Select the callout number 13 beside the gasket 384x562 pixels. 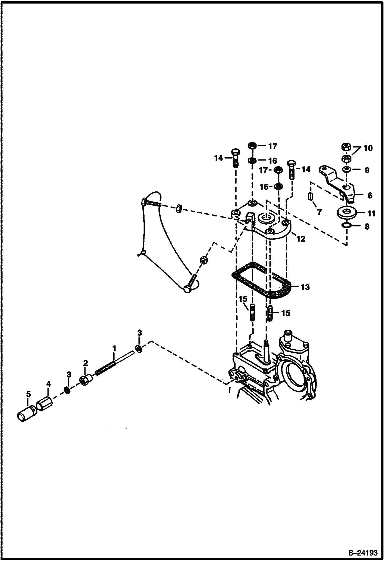305,287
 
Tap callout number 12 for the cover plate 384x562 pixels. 301,239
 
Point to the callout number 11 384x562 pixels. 371,213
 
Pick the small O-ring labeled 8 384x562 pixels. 347,226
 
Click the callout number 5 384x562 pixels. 28,394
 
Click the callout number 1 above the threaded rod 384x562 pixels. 114,348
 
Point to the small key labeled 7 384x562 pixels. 311,197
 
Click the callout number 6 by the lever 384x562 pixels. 370,195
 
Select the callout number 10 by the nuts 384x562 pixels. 368,148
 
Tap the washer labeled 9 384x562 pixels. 347,170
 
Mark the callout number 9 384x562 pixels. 367,170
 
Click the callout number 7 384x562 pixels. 319,212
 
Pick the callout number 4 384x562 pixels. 48,384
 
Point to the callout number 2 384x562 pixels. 85,363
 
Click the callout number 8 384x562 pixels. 367,226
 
